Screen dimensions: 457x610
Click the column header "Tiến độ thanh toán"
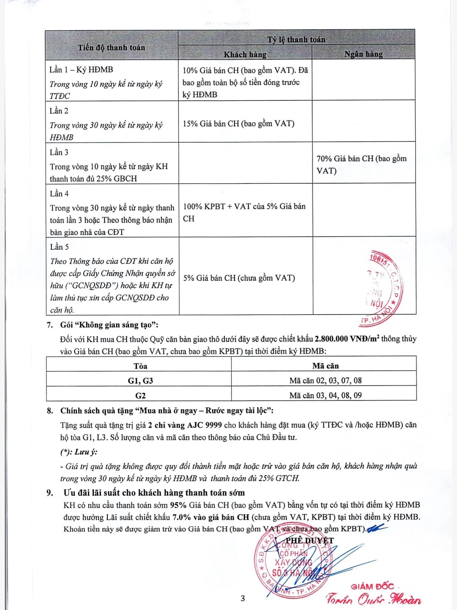click(111, 48)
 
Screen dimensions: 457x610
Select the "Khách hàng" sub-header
click(245, 55)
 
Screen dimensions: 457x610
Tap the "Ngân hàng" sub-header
click(363, 54)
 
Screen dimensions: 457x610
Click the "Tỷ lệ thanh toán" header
click(296, 40)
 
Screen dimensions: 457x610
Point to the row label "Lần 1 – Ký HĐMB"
click(81, 70)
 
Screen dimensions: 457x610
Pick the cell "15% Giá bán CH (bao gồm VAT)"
click(239, 124)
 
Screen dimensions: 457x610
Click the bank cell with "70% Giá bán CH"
click(361, 164)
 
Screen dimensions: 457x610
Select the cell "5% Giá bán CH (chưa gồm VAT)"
click(239, 278)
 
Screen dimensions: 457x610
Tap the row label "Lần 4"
click(59, 194)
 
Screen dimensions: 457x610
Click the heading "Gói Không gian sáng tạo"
click(109, 325)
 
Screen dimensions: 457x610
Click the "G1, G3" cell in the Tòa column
click(140, 381)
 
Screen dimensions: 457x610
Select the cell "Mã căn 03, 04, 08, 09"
click(325, 395)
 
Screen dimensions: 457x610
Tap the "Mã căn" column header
click(325, 366)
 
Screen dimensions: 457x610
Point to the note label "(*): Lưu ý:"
click(79, 452)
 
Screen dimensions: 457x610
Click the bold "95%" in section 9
click(178, 505)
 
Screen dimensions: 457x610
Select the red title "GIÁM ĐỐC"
click(372, 587)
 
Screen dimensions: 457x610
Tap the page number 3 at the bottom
click(243, 598)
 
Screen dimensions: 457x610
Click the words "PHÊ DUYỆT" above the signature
click(310, 541)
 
